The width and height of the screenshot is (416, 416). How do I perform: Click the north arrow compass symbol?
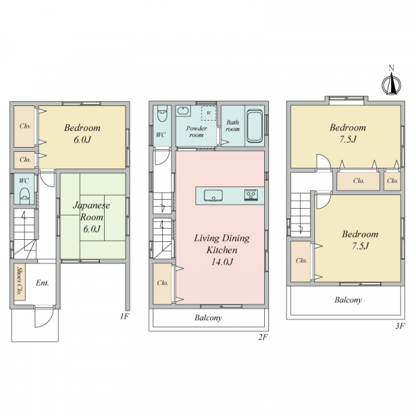pyautogui.click(x=391, y=83)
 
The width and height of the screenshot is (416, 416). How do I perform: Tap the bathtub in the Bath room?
pyautogui.click(x=254, y=126)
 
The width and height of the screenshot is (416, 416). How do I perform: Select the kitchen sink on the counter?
pyautogui.click(x=213, y=196)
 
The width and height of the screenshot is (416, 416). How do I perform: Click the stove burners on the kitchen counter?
pyautogui.click(x=251, y=195)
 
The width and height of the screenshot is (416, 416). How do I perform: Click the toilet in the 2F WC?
pyautogui.click(x=162, y=113)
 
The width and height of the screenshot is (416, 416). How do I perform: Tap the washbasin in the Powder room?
pyautogui.click(x=183, y=111)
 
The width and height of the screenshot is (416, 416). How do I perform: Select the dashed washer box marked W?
pyautogui.click(x=209, y=113)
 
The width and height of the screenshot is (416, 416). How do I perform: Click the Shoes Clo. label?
pyautogui.click(x=19, y=281)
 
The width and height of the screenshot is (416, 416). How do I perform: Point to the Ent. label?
pyautogui.click(x=42, y=283)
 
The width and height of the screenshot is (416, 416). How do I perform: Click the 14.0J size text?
pyautogui.click(x=222, y=262)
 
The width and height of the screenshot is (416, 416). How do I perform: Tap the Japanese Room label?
pyautogui.click(x=92, y=211)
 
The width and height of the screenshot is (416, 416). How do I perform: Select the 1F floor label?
pyautogui.click(x=124, y=316)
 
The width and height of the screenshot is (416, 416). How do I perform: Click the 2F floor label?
pyautogui.click(x=263, y=337)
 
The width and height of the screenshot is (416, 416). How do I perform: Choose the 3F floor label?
pyautogui.click(x=399, y=326)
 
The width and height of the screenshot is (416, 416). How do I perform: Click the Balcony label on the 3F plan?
pyautogui.click(x=348, y=300)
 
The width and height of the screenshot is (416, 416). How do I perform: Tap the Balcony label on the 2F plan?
pyautogui.click(x=208, y=318)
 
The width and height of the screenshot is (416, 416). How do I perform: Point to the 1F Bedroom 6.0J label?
pyautogui.click(x=83, y=133)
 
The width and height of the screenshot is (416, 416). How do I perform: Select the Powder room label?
pyautogui.click(x=196, y=132)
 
